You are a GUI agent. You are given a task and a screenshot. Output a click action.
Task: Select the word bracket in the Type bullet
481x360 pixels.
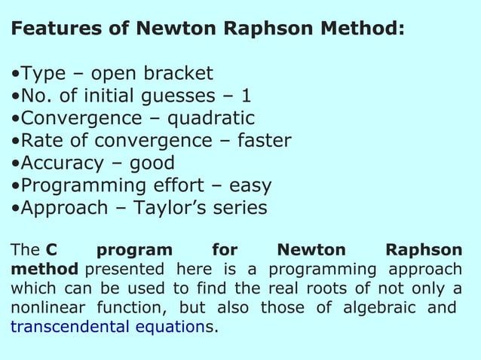pyautogui.click(x=176, y=74)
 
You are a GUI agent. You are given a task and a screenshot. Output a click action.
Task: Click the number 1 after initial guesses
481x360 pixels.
pyautogui.click(x=246, y=96)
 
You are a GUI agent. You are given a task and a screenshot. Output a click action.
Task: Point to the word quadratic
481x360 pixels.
pyautogui.click(x=210, y=119)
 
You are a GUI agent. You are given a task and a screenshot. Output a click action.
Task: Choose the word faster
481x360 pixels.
pyautogui.click(x=263, y=141)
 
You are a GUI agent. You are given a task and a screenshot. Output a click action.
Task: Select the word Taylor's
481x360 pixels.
pyautogui.click(x=170, y=208)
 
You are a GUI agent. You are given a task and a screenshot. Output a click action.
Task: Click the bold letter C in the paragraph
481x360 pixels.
pyautogui.click(x=51, y=250)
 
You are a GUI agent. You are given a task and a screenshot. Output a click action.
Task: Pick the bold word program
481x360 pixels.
pyautogui.click(x=135, y=251)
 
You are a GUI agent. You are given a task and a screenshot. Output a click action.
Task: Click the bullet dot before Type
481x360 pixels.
pyautogui.click(x=15, y=75)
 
